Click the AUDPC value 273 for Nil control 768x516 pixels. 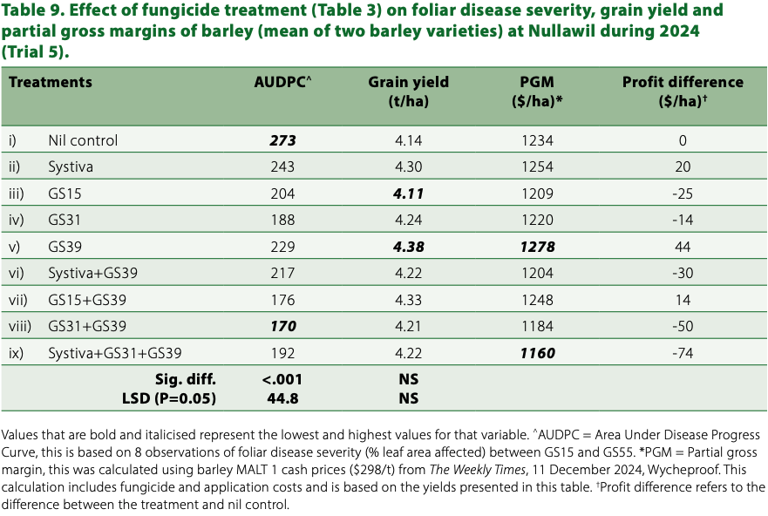coord(282,140)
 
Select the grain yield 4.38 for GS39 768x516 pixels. coord(408,247)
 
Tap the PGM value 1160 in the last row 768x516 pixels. coord(536,354)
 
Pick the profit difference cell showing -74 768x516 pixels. coord(683,354)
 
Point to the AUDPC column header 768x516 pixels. coord(282,82)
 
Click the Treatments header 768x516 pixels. coord(51,82)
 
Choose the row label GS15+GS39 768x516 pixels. coord(89,301)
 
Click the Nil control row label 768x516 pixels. coord(83,140)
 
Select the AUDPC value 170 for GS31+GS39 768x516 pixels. coord(282,327)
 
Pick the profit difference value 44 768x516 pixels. coord(683,247)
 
